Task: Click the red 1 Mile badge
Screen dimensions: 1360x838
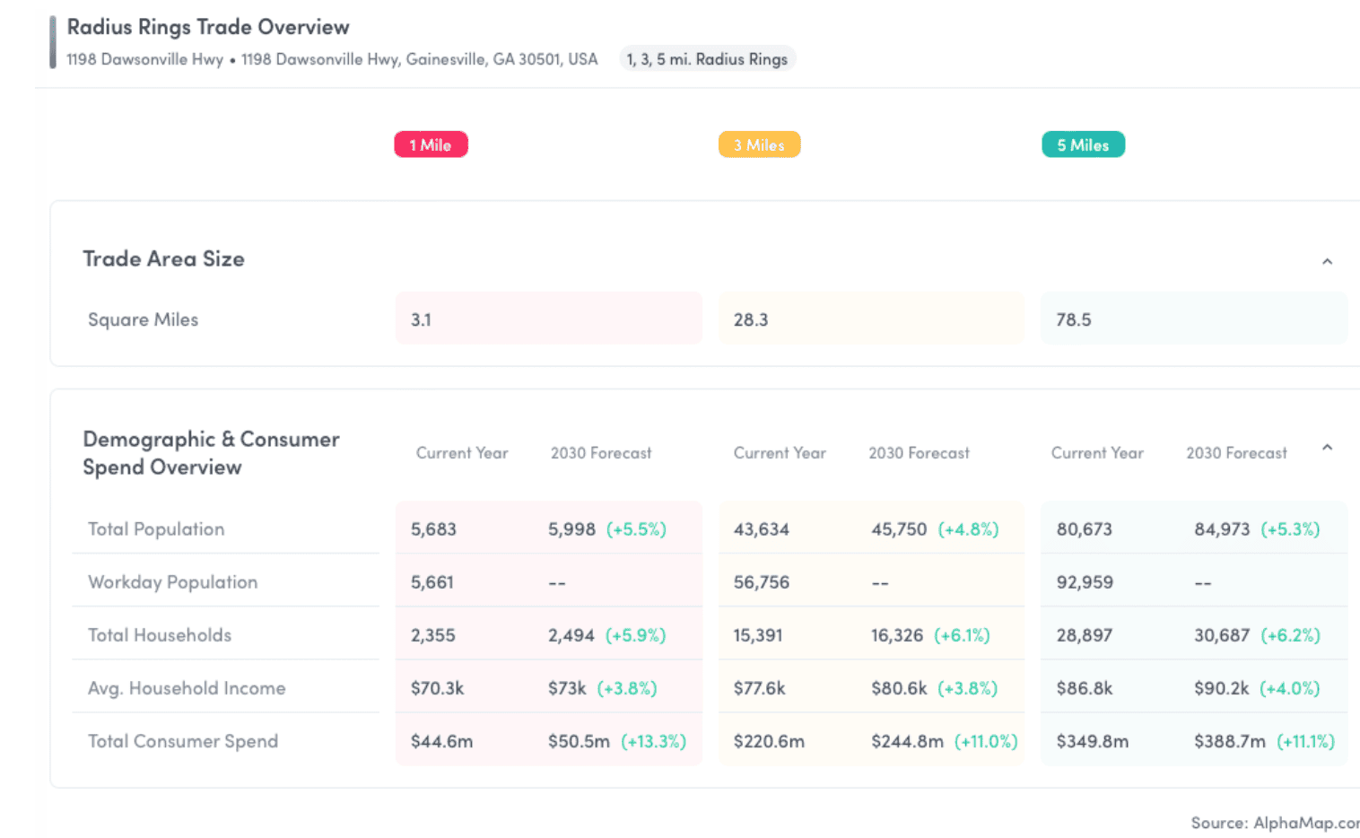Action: tap(432, 144)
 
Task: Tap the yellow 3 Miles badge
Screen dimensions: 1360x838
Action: tap(759, 144)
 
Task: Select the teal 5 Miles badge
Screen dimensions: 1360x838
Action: tap(1083, 144)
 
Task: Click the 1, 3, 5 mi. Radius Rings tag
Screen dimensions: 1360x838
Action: tap(707, 59)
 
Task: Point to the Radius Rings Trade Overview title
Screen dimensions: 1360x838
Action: tap(207, 27)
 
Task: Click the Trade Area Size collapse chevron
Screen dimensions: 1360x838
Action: tap(1327, 262)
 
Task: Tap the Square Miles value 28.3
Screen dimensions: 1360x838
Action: tap(751, 319)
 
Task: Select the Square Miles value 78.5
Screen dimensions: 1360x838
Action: tap(1074, 319)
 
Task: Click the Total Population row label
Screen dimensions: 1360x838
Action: tap(156, 529)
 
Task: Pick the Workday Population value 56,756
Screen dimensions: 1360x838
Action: tap(762, 581)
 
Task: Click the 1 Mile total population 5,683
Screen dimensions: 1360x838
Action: tap(433, 529)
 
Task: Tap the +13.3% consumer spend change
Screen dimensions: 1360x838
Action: tap(653, 741)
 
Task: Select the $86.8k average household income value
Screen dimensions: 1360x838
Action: tap(1085, 688)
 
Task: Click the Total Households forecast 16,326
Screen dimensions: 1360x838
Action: tap(897, 635)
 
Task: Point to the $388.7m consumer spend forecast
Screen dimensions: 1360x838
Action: tap(1229, 741)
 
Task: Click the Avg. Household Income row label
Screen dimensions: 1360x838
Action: tap(187, 688)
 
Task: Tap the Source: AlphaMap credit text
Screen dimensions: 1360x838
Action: tap(1275, 822)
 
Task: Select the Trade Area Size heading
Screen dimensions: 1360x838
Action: tap(164, 258)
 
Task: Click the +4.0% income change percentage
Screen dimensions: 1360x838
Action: tap(1289, 688)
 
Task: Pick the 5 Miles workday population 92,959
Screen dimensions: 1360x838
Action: tap(1085, 581)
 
